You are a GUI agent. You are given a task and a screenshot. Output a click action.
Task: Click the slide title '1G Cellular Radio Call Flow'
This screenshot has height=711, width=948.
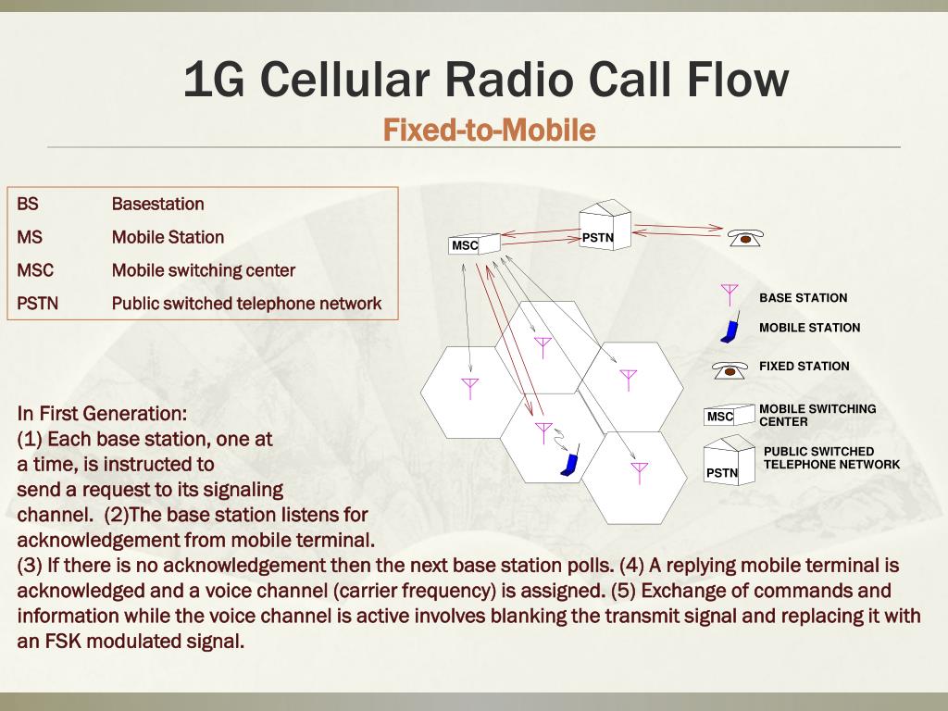coord(486,80)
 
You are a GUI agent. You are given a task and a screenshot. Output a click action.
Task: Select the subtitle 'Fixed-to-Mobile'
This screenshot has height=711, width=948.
coord(489,131)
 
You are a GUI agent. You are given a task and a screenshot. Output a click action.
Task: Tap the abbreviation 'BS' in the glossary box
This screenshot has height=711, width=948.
coord(28,204)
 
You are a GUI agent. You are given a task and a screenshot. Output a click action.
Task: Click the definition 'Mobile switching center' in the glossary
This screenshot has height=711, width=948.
coord(203,270)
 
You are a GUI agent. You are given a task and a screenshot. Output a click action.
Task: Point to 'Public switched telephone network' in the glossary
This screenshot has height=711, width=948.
coord(246,304)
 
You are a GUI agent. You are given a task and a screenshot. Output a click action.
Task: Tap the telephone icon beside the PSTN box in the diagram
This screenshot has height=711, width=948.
coord(745,238)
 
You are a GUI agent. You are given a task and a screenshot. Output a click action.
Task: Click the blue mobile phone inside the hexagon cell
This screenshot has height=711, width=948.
coord(571,462)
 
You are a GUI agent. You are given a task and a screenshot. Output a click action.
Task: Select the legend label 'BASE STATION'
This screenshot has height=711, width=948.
coord(803,298)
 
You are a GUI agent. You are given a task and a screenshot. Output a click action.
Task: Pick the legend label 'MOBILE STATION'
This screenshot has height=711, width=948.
coord(809,328)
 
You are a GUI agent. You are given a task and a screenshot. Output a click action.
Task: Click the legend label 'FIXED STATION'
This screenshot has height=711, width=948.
coord(804,367)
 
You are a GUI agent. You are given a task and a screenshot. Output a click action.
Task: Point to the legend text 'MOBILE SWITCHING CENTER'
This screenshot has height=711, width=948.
coord(817,415)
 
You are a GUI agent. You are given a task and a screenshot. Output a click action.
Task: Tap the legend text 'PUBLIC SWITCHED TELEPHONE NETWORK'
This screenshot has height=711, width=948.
coord(830,458)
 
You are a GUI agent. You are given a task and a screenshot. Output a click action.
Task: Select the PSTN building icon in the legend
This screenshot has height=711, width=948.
coord(729,461)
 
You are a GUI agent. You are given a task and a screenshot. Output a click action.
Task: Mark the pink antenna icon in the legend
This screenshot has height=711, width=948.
coord(730,295)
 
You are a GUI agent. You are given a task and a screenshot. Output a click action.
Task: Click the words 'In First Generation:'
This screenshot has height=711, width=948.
coord(102,413)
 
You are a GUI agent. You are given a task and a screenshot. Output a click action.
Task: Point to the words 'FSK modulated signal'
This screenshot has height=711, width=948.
coord(144,641)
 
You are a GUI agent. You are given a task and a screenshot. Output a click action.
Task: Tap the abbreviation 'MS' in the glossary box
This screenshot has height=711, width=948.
coord(30,237)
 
